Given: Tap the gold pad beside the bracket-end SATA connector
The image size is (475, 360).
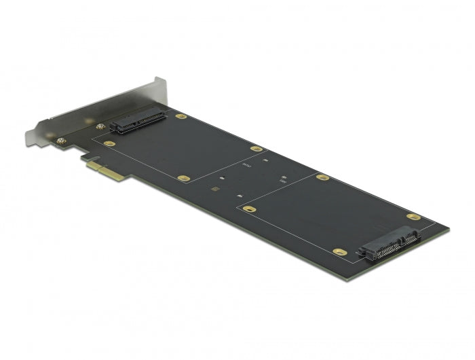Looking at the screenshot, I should click(x=180, y=116).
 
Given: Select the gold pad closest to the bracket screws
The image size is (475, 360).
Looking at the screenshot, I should click(x=108, y=143).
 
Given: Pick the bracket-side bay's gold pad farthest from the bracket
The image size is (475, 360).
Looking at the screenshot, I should click(x=256, y=148).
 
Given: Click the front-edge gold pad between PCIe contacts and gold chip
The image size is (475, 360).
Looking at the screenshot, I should click(x=183, y=178).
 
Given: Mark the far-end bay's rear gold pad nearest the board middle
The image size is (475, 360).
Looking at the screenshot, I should click(x=323, y=177).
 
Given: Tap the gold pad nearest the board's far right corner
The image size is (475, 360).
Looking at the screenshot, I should click(x=413, y=217).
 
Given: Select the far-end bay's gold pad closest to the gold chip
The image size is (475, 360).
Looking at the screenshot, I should click(x=250, y=209).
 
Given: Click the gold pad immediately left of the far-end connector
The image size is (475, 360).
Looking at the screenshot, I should click(x=341, y=251).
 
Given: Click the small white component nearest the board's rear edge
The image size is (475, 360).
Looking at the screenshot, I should click(x=263, y=159).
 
